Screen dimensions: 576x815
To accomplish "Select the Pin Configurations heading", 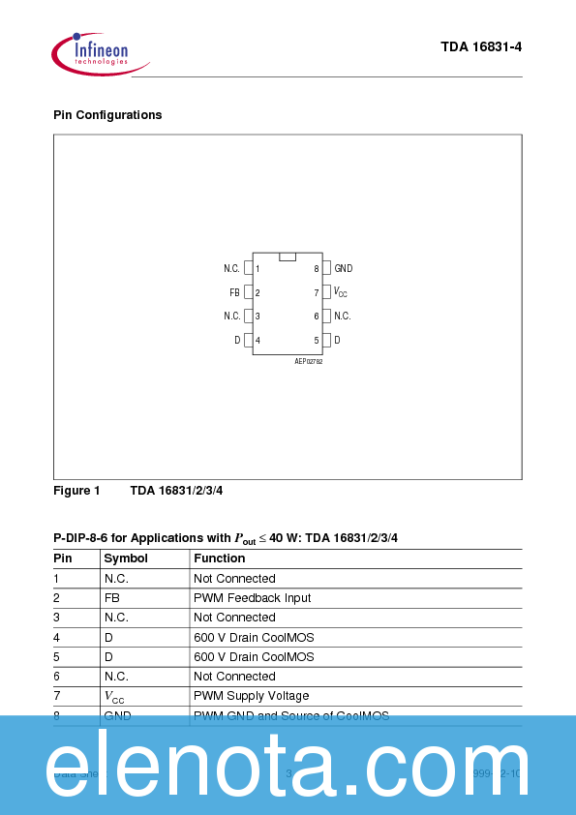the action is [107, 115].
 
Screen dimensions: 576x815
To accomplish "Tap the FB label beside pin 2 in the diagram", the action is [234, 292].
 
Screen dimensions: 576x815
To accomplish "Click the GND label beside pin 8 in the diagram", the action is [344, 268].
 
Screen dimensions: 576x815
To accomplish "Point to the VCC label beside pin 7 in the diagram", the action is [341, 292].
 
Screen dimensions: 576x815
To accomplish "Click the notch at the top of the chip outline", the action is [288, 257].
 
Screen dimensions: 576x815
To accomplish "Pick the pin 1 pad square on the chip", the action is [248, 268].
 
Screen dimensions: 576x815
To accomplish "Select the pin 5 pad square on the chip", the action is [326, 340].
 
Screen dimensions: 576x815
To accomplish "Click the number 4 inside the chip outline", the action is [258, 341].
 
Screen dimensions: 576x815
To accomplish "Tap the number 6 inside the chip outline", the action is [316, 317].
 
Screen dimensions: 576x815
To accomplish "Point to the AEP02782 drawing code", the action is [309, 360].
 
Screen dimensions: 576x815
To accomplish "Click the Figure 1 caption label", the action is [76, 491].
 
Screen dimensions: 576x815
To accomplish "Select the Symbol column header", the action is [126, 558].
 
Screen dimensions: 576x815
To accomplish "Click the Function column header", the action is [220, 558].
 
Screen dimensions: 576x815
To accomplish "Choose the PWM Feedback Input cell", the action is [253, 598].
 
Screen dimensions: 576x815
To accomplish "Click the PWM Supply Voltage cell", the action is [252, 696].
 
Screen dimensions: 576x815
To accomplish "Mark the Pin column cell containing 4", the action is [57, 637].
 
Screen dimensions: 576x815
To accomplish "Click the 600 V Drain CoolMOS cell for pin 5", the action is [254, 657].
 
